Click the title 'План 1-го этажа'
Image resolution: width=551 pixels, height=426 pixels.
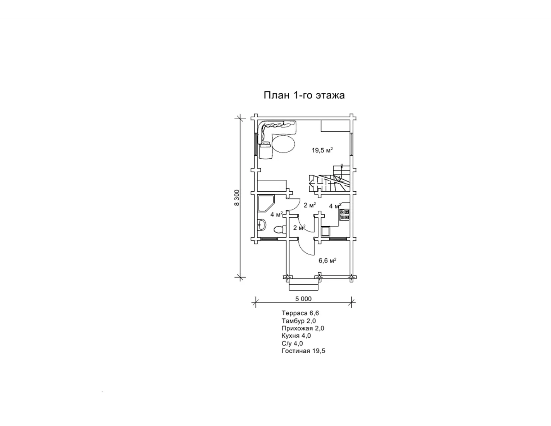click(x=304, y=95)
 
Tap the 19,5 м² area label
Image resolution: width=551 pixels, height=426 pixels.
click(x=322, y=150)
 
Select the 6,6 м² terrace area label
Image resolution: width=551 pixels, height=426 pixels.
click(x=327, y=261)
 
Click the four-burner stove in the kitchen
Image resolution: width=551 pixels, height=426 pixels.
click(x=344, y=214)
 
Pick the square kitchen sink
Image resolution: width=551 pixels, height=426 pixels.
click(x=325, y=231)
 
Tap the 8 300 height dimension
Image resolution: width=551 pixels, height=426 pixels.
click(x=237, y=198)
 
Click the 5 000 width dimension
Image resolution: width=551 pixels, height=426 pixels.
click(x=303, y=299)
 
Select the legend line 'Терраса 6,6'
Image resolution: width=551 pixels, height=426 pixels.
click(x=300, y=313)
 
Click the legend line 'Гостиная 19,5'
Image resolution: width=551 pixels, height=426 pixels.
click(x=303, y=351)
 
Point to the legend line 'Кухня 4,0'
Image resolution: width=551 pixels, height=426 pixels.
click(x=296, y=336)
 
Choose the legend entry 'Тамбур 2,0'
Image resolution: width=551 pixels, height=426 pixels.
click(x=299, y=321)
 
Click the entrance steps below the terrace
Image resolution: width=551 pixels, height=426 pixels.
click(x=304, y=284)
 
